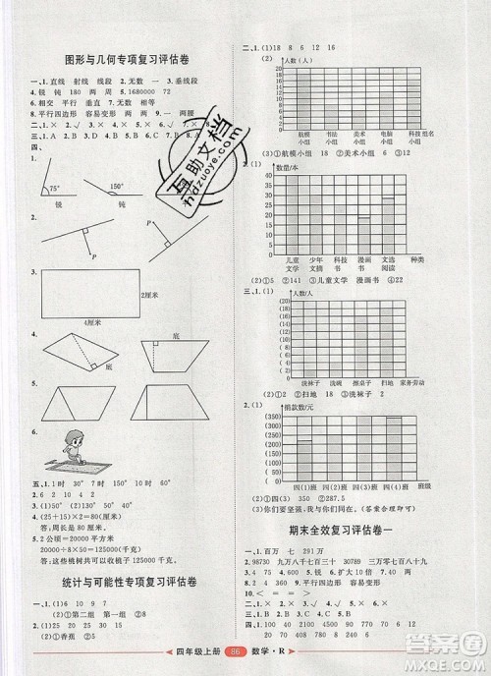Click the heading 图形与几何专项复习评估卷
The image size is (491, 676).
[x=124, y=54]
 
